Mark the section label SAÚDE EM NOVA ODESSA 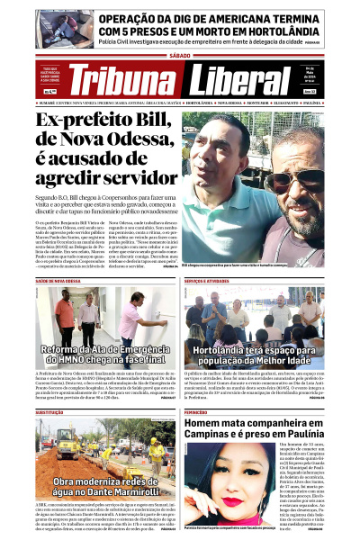click(x=58, y=282)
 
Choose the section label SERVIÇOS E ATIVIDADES click(x=209, y=282)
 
